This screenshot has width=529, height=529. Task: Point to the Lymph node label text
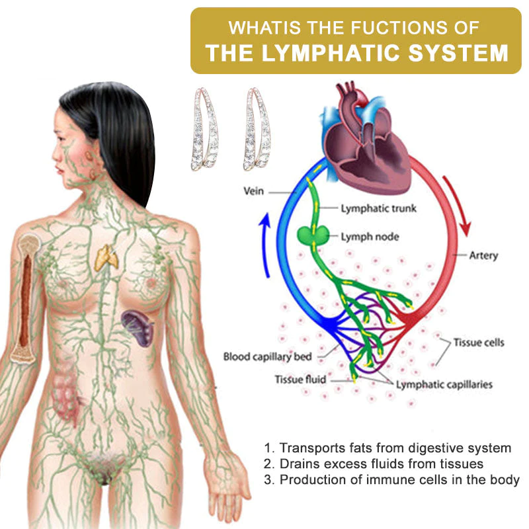tap(370, 235)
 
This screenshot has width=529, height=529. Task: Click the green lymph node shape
tap(312, 235)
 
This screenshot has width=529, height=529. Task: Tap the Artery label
tap(483, 255)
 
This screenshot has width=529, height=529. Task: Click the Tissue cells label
tap(479, 343)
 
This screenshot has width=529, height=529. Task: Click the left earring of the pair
tap(204, 131)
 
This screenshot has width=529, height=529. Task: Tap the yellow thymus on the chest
tap(105, 257)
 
